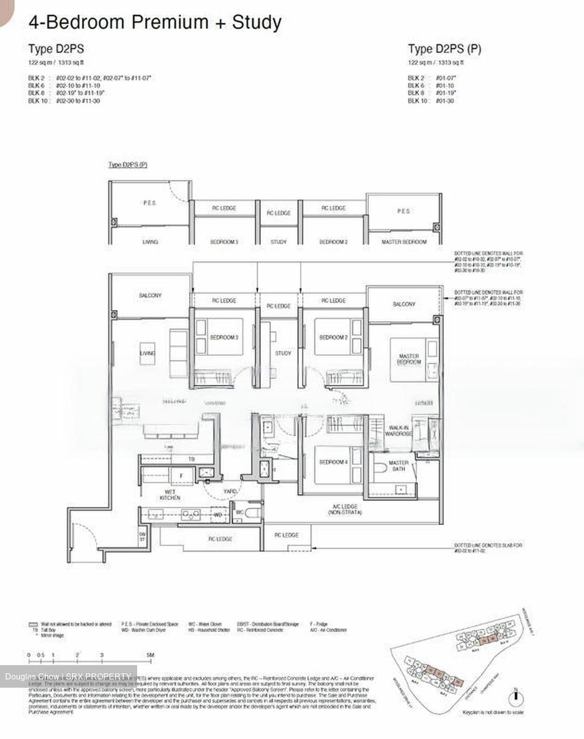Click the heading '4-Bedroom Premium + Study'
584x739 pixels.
tap(155, 22)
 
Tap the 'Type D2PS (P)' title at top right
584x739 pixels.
tap(444, 49)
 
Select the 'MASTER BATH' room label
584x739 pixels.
tap(398, 465)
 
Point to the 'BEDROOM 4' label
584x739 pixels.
tap(333, 462)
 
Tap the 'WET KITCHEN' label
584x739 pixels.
tap(170, 495)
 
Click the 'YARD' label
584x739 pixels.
tap(230, 491)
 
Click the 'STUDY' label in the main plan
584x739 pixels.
tap(283, 353)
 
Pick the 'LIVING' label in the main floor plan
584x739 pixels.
tap(147, 353)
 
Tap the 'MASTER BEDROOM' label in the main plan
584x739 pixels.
tap(408, 359)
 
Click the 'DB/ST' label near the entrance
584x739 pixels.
tap(142, 536)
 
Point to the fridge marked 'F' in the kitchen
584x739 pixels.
tap(181, 476)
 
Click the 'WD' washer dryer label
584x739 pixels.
tap(218, 514)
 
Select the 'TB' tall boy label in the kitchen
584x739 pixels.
tap(191, 459)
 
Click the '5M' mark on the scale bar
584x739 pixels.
tap(149, 655)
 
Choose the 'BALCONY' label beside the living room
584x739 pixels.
tap(150, 296)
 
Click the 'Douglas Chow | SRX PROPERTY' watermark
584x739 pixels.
tap(68, 676)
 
